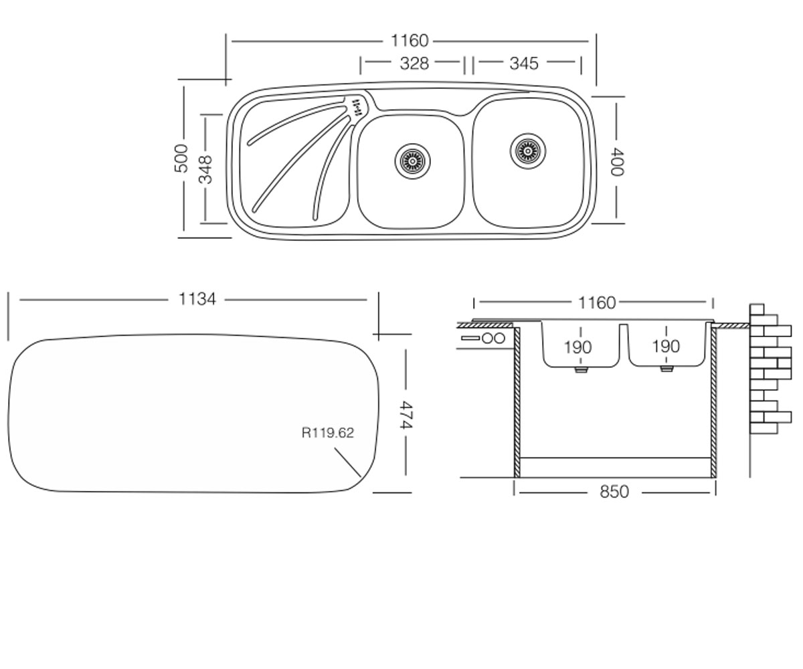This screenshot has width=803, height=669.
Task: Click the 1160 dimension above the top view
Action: coord(409,41)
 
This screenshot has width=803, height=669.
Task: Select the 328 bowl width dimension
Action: coord(414,64)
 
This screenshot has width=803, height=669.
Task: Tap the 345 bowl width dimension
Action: coord(524,64)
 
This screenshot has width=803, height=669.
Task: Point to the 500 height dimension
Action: coord(181,159)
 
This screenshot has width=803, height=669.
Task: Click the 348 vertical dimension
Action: coord(205,169)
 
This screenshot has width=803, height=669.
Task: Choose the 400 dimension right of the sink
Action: coord(616,162)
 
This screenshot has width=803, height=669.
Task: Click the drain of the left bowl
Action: coord(412,161)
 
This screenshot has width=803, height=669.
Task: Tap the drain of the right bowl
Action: coord(528,151)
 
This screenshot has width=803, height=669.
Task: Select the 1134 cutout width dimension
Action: coord(197,299)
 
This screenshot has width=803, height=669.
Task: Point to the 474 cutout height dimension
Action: coord(406,415)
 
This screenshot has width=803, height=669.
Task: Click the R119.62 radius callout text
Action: coord(327,433)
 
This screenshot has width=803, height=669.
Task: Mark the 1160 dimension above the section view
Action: coord(597,303)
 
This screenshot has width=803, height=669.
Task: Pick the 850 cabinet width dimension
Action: coord(614,492)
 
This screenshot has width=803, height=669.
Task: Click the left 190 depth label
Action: coord(577,348)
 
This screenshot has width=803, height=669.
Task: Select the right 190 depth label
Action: coord(666,347)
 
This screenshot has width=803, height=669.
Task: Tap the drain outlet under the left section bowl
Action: coord(581,370)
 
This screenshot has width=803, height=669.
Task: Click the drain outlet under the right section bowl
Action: coord(667,369)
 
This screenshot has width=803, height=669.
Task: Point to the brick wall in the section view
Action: coord(770,369)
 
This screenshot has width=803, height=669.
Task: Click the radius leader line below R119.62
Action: coord(348,462)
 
